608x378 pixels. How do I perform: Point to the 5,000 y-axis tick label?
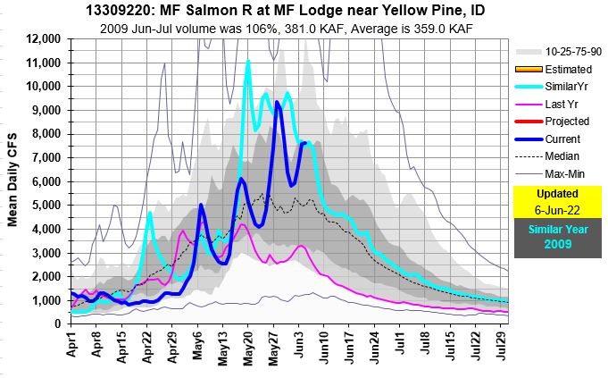click(x=44, y=206)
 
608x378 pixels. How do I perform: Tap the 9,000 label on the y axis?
click(x=44, y=111)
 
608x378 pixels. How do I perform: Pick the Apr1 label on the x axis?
click(x=73, y=342)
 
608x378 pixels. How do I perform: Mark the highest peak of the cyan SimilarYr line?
click(x=247, y=61)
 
